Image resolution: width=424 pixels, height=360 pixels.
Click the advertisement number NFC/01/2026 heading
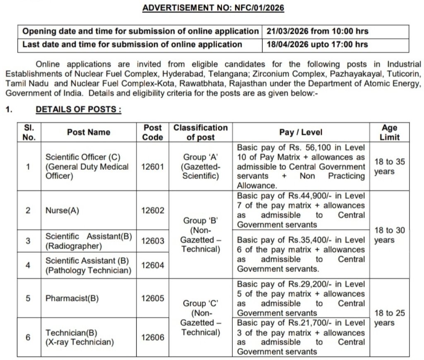click(213, 8)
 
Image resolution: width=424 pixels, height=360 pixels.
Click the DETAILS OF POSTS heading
click(78, 109)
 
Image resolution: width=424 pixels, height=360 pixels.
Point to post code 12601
click(152, 167)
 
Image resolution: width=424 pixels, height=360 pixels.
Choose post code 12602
click(152, 210)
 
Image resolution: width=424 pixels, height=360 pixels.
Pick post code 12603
click(152, 241)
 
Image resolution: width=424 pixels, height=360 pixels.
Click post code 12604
click(152, 265)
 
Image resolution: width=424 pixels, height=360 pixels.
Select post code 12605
click(152, 298)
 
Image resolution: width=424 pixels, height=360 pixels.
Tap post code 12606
click(152, 337)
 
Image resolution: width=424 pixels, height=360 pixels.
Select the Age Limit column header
click(390, 133)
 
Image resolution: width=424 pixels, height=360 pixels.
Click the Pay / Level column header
click(301, 133)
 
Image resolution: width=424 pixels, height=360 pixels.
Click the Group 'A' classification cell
click(200, 167)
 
